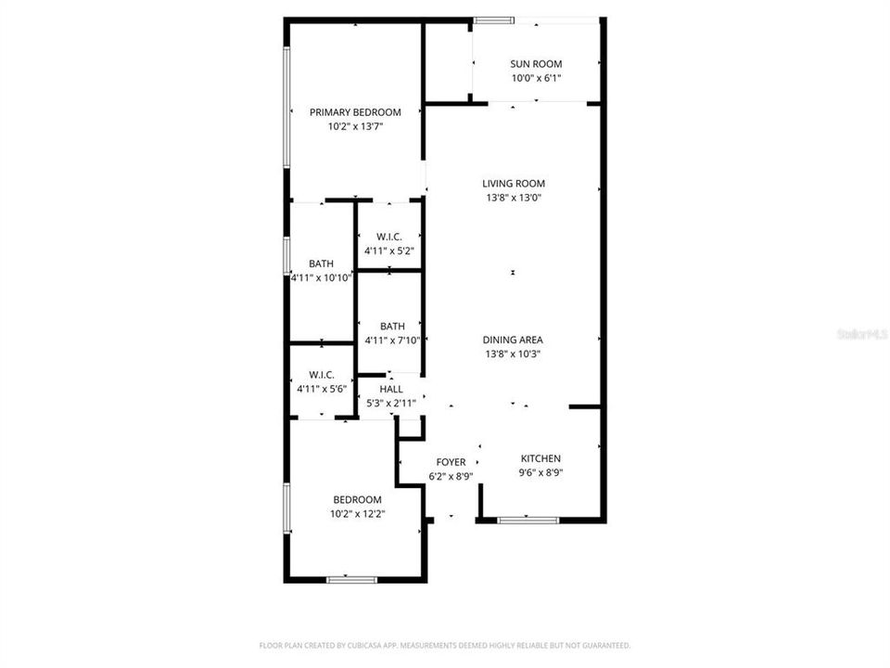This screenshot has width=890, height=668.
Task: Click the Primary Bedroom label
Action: [355, 112]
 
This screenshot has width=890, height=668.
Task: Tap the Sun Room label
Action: [536, 64]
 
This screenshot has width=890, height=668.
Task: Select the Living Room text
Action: [513, 184]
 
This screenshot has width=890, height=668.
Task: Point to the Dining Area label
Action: [513, 340]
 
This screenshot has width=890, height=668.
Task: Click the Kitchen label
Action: [540, 458]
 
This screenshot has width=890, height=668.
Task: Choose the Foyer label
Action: [451, 462]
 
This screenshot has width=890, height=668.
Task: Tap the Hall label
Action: [391, 390]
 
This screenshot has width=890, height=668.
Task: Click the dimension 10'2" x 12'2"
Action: [357, 513]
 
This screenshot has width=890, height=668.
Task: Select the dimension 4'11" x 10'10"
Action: [322, 277]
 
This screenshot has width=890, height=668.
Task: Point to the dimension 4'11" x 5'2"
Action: [388, 250]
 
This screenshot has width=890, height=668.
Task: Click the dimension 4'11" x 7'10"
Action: [392, 340]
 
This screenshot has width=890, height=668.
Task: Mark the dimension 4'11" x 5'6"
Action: [322, 389]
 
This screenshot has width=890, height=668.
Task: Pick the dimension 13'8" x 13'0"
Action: [513, 198]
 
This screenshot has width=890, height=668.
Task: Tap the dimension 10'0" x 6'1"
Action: [536, 78]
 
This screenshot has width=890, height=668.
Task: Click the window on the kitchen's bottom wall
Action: [528, 520]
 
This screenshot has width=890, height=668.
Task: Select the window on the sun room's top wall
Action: [493, 19]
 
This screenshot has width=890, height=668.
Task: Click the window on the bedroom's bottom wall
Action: [352, 580]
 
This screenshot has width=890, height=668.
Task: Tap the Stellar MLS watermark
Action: [863, 333]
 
